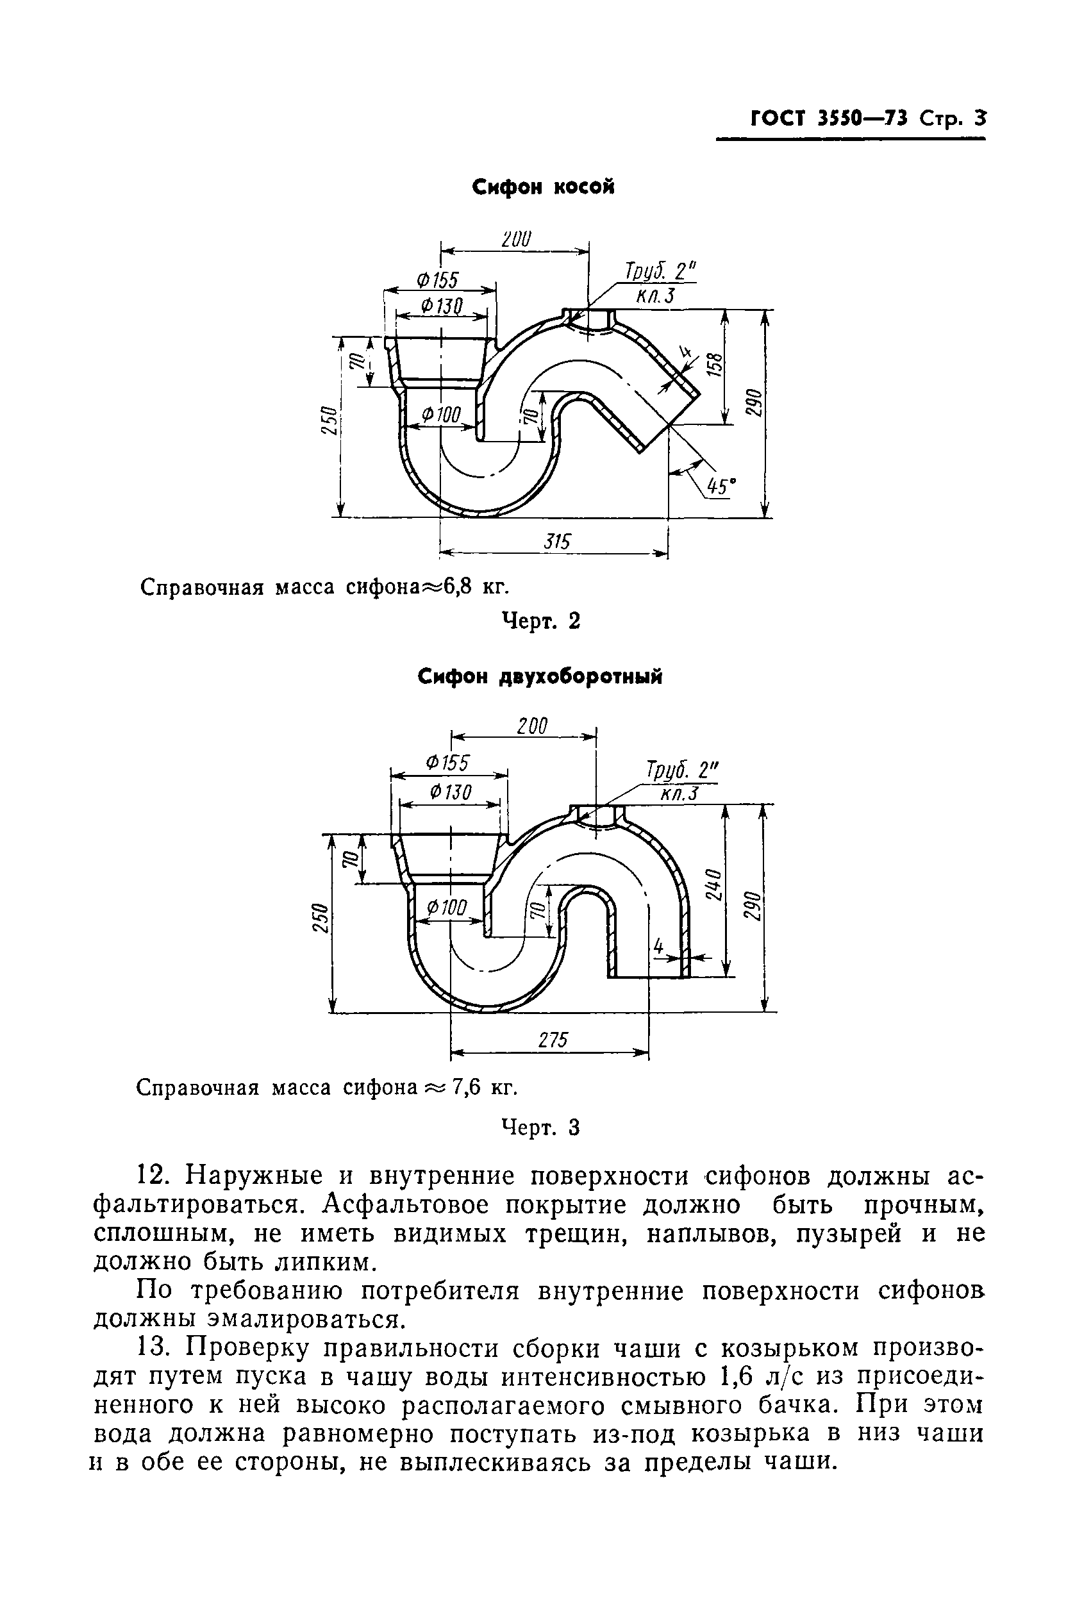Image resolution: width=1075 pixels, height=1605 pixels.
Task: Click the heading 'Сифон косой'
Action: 543,187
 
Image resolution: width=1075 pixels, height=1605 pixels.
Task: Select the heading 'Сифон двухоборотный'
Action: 540,678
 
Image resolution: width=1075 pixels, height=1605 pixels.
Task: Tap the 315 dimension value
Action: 556,542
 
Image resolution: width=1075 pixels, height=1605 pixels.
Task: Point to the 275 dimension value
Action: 553,1040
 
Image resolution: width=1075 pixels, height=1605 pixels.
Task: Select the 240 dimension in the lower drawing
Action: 713,885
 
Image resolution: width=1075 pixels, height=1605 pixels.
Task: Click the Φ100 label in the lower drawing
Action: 446,908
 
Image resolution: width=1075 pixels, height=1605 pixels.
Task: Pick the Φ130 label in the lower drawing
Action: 451,792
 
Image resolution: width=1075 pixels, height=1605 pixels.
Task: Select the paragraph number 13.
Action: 154,1349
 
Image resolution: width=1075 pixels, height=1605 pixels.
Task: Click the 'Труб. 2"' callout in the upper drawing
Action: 658,272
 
